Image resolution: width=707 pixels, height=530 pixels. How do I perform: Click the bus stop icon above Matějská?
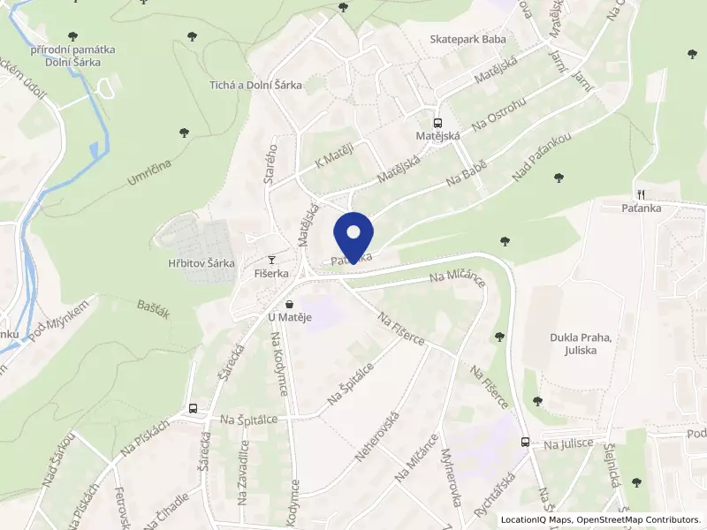tap(437, 124)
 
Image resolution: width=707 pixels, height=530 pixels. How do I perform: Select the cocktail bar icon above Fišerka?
tap(271, 260)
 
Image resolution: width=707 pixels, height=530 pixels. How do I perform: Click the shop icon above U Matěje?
tap(289, 305)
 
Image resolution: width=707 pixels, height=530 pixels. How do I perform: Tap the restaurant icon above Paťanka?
tap(640, 195)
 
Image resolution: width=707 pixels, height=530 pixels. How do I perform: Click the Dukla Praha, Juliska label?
tap(581, 343)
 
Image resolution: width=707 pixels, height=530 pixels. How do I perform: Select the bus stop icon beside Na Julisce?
tap(525, 442)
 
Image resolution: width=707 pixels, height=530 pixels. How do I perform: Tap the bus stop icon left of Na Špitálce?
tap(193, 409)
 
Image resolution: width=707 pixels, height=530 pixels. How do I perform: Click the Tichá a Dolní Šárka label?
tap(255, 85)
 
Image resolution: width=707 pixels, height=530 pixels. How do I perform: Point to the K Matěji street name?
tap(333, 156)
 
